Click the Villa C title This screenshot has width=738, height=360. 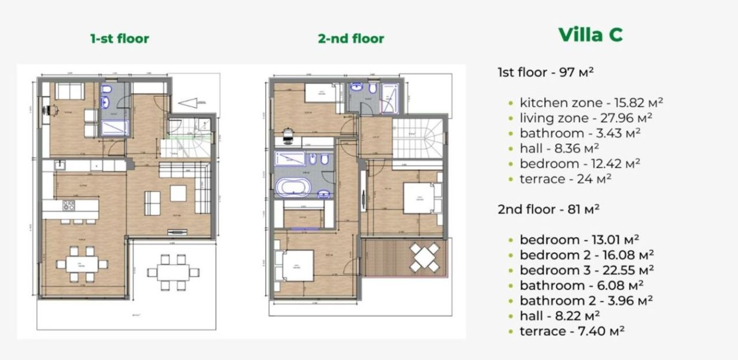(590, 35)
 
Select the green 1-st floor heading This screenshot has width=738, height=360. (119, 39)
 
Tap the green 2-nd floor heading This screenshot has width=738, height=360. (351, 39)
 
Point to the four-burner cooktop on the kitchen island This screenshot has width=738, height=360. (69, 205)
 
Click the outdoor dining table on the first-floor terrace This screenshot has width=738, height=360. (173, 271)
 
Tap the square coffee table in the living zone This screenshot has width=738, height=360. (178, 193)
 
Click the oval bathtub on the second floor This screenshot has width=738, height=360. (293, 187)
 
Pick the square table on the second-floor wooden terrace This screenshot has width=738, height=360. (424, 257)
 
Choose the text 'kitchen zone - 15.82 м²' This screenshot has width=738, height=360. (591, 103)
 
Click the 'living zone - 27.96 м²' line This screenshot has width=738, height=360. (586, 118)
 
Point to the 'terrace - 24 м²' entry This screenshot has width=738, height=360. (565, 179)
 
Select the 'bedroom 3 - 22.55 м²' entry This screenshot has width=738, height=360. (586, 270)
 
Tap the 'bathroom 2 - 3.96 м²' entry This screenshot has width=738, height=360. (586, 301)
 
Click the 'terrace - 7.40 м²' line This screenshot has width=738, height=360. (572, 331)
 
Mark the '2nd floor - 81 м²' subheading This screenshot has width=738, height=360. (548, 209)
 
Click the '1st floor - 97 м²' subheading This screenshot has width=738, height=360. (545, 72)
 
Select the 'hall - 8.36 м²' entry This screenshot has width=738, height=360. (559, 148)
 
